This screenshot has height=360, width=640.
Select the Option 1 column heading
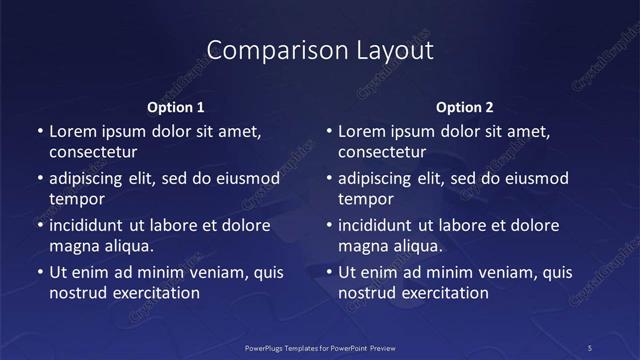point(176,107)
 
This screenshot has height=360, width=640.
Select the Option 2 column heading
point(464,107)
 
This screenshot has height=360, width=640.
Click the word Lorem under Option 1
point(73,131)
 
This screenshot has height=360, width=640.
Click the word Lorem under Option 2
point(362,131)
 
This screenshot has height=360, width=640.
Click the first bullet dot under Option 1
point(38,131)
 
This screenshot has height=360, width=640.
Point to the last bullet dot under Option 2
point(328,272)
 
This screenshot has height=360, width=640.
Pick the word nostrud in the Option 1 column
point(76,293)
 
